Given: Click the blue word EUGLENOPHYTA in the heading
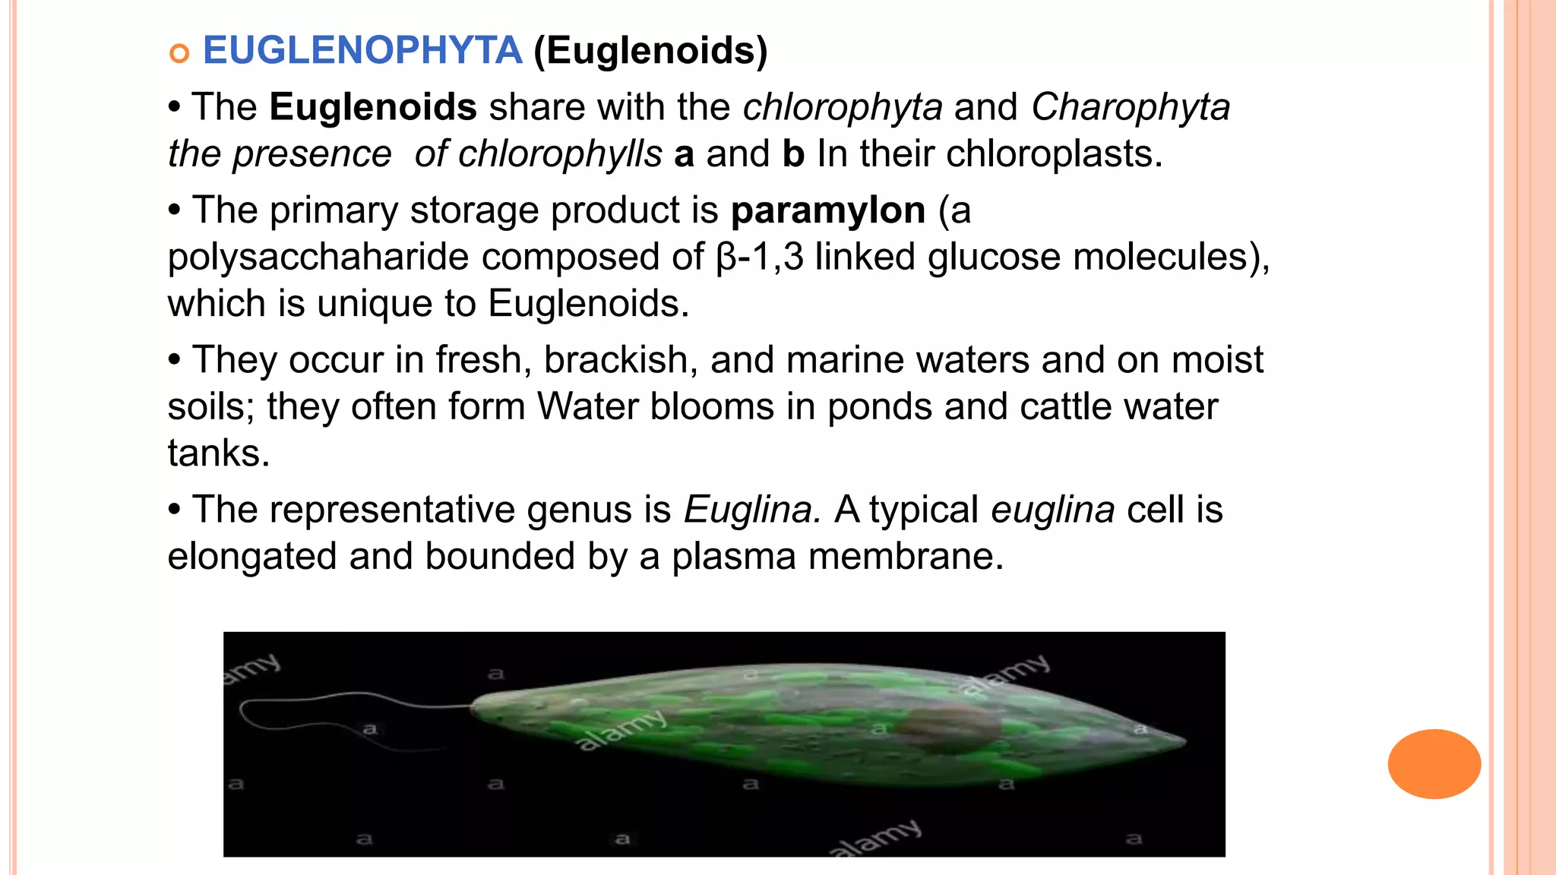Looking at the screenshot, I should (x=362, y=51).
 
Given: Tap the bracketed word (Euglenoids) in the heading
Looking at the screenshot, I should (x=650, y=51).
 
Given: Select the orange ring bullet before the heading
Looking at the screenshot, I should (x=179, y=54).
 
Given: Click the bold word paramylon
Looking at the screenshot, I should (x=827, y=210).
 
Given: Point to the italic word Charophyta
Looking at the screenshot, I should (x=1130, y=107).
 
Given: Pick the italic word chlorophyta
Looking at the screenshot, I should (x=843, y=107).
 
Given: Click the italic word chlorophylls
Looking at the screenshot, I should (x=560, y=154).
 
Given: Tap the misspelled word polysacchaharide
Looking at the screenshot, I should (x=318, y=257).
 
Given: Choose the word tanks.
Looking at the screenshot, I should (x=218, y=453).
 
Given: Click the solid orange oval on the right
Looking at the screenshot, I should (x=1434, y=764).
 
